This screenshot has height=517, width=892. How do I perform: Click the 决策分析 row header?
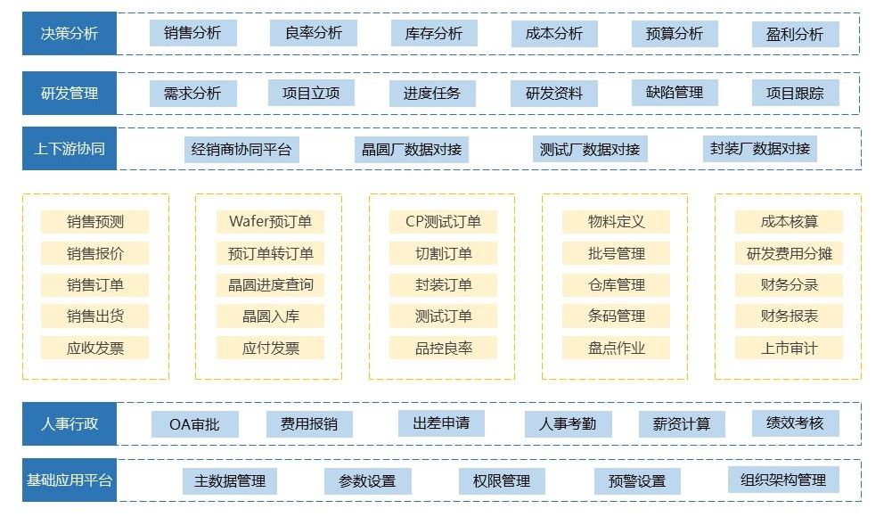[70, 34]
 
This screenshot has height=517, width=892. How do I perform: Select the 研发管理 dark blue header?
[70, 93]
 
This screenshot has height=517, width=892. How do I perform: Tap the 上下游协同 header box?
[70, 149]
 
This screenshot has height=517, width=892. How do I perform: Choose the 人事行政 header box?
[70, 423]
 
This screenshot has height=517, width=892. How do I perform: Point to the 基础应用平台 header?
[70, 481]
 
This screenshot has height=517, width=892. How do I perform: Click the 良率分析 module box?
[314, 33]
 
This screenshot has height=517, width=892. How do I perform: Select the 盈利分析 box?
[795, 35]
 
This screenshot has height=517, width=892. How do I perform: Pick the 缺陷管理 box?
[675, 92]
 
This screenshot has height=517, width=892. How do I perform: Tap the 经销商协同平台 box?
[241, 149]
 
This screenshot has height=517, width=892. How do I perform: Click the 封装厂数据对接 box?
[760, 149]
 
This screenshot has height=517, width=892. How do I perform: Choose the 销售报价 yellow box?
[95, 253]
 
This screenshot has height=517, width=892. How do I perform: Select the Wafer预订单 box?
[270, 222]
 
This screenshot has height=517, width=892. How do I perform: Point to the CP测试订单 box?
[443, 222]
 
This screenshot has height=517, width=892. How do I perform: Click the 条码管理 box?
[617, 316]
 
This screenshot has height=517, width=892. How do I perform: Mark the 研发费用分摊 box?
[789, 253]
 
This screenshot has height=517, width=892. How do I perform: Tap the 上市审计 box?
[789, 348]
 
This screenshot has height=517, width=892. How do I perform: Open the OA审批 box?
[194, 424]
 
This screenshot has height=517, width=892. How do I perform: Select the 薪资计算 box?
[682, 424]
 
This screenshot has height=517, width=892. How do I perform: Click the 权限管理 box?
[502, 481]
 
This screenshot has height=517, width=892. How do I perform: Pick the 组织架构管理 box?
[783, 480]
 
